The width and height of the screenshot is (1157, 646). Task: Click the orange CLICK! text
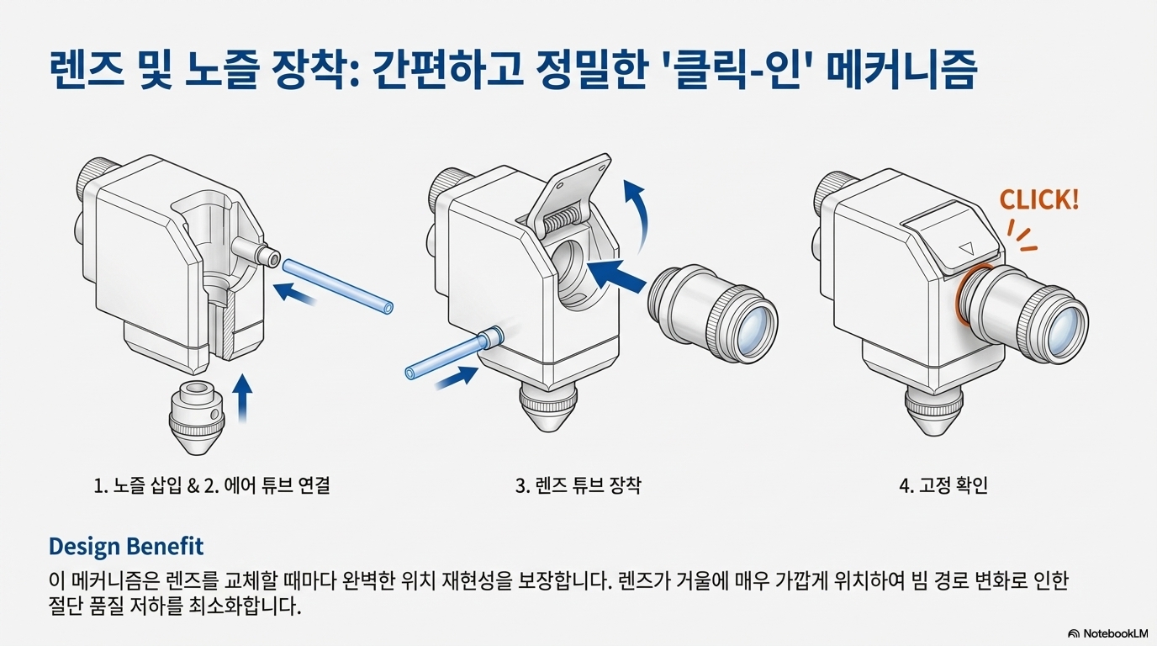click(x=1038, y=200)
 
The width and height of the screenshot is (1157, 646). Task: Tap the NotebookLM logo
click(x=1109, y=633)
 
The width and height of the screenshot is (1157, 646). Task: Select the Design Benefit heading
click(x=126, y=546)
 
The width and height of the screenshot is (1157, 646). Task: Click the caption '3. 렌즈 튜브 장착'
click(x=578, y=485)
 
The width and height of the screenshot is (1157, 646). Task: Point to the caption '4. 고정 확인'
click(x=943, y=485)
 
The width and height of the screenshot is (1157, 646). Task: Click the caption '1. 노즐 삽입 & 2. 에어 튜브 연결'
click(x=218, y=485)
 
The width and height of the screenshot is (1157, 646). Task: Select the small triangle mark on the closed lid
click(x=964, y=250)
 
